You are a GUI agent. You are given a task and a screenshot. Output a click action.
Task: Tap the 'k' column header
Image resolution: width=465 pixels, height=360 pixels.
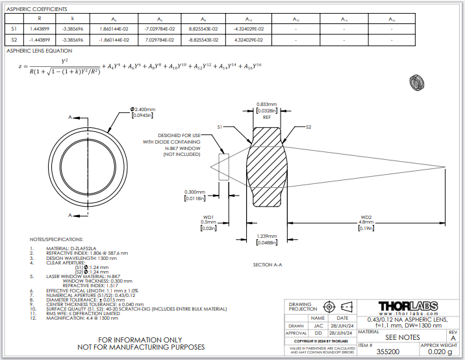[72, 18]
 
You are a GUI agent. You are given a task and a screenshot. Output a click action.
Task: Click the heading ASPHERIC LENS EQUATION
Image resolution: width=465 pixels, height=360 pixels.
[39, 50]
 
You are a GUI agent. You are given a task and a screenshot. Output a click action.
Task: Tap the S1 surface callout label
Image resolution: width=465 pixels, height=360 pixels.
[220, 127]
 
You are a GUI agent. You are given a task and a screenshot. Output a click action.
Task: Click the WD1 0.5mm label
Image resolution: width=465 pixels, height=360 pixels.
[208, 221]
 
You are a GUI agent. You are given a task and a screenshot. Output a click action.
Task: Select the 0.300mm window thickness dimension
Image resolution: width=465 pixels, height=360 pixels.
[195, 192]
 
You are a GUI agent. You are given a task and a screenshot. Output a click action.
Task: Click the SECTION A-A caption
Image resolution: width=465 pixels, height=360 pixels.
[268, 264]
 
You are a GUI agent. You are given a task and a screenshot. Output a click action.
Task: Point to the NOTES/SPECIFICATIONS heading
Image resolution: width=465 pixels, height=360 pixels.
[57, 239]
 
